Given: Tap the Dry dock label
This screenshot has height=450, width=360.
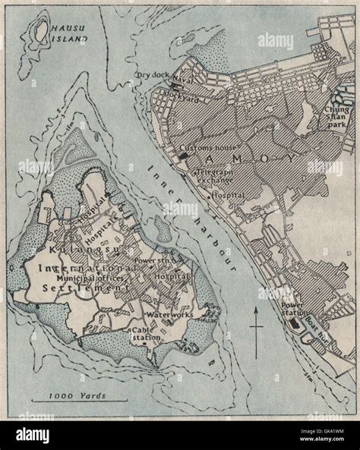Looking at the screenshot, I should click(150, 74).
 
